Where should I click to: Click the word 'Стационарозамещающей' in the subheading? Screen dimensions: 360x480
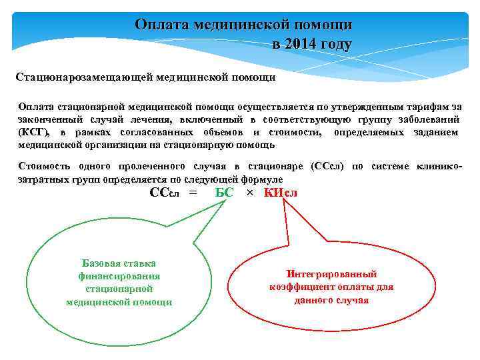click(84, 77)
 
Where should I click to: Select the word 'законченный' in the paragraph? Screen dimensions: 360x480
click(50, 120)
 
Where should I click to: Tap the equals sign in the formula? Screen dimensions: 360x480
click(193, 193)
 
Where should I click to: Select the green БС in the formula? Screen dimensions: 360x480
click(225, 193)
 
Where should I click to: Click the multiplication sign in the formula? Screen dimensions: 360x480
click(250, 193)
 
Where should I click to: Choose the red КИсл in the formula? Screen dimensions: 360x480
click(280, 193)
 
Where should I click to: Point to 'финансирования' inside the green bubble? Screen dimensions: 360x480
click(119, 275)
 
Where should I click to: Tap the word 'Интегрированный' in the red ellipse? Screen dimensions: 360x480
click(331, 274)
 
